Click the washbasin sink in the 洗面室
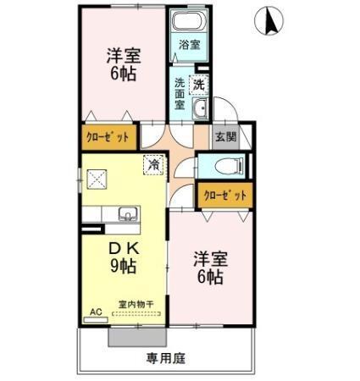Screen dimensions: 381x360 tap(200, 108)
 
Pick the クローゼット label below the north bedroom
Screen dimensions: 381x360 tap(108, 135)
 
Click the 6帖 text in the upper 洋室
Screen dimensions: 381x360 tap(123, 73)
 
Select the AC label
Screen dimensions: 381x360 tap(95, 312)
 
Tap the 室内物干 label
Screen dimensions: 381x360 tap(135, 304)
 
